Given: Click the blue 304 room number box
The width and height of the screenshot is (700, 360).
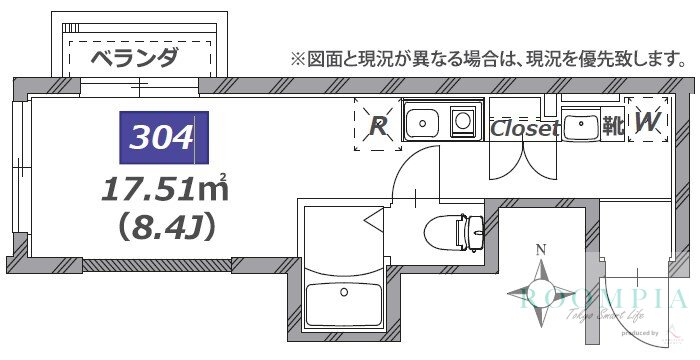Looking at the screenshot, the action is pos(163,137).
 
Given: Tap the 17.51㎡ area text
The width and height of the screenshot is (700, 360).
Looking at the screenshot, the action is pos(165,187).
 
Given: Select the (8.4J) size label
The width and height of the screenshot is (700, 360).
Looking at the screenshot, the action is pos(165,227).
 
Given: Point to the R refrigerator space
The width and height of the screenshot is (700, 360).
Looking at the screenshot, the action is pos(378,126).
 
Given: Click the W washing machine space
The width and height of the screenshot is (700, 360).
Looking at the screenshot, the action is pos(647,123).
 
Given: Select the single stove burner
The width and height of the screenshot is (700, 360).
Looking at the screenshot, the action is pos(464,122).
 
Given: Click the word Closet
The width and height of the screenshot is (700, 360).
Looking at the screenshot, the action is pos(524,129).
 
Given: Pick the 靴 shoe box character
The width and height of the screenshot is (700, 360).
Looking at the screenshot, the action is pos(612,127).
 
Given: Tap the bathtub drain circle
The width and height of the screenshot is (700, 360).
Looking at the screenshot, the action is pos(344,293).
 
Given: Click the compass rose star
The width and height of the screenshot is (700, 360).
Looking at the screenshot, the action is pos(541,292).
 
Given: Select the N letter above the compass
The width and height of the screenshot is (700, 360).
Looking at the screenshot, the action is pos(541,250).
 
